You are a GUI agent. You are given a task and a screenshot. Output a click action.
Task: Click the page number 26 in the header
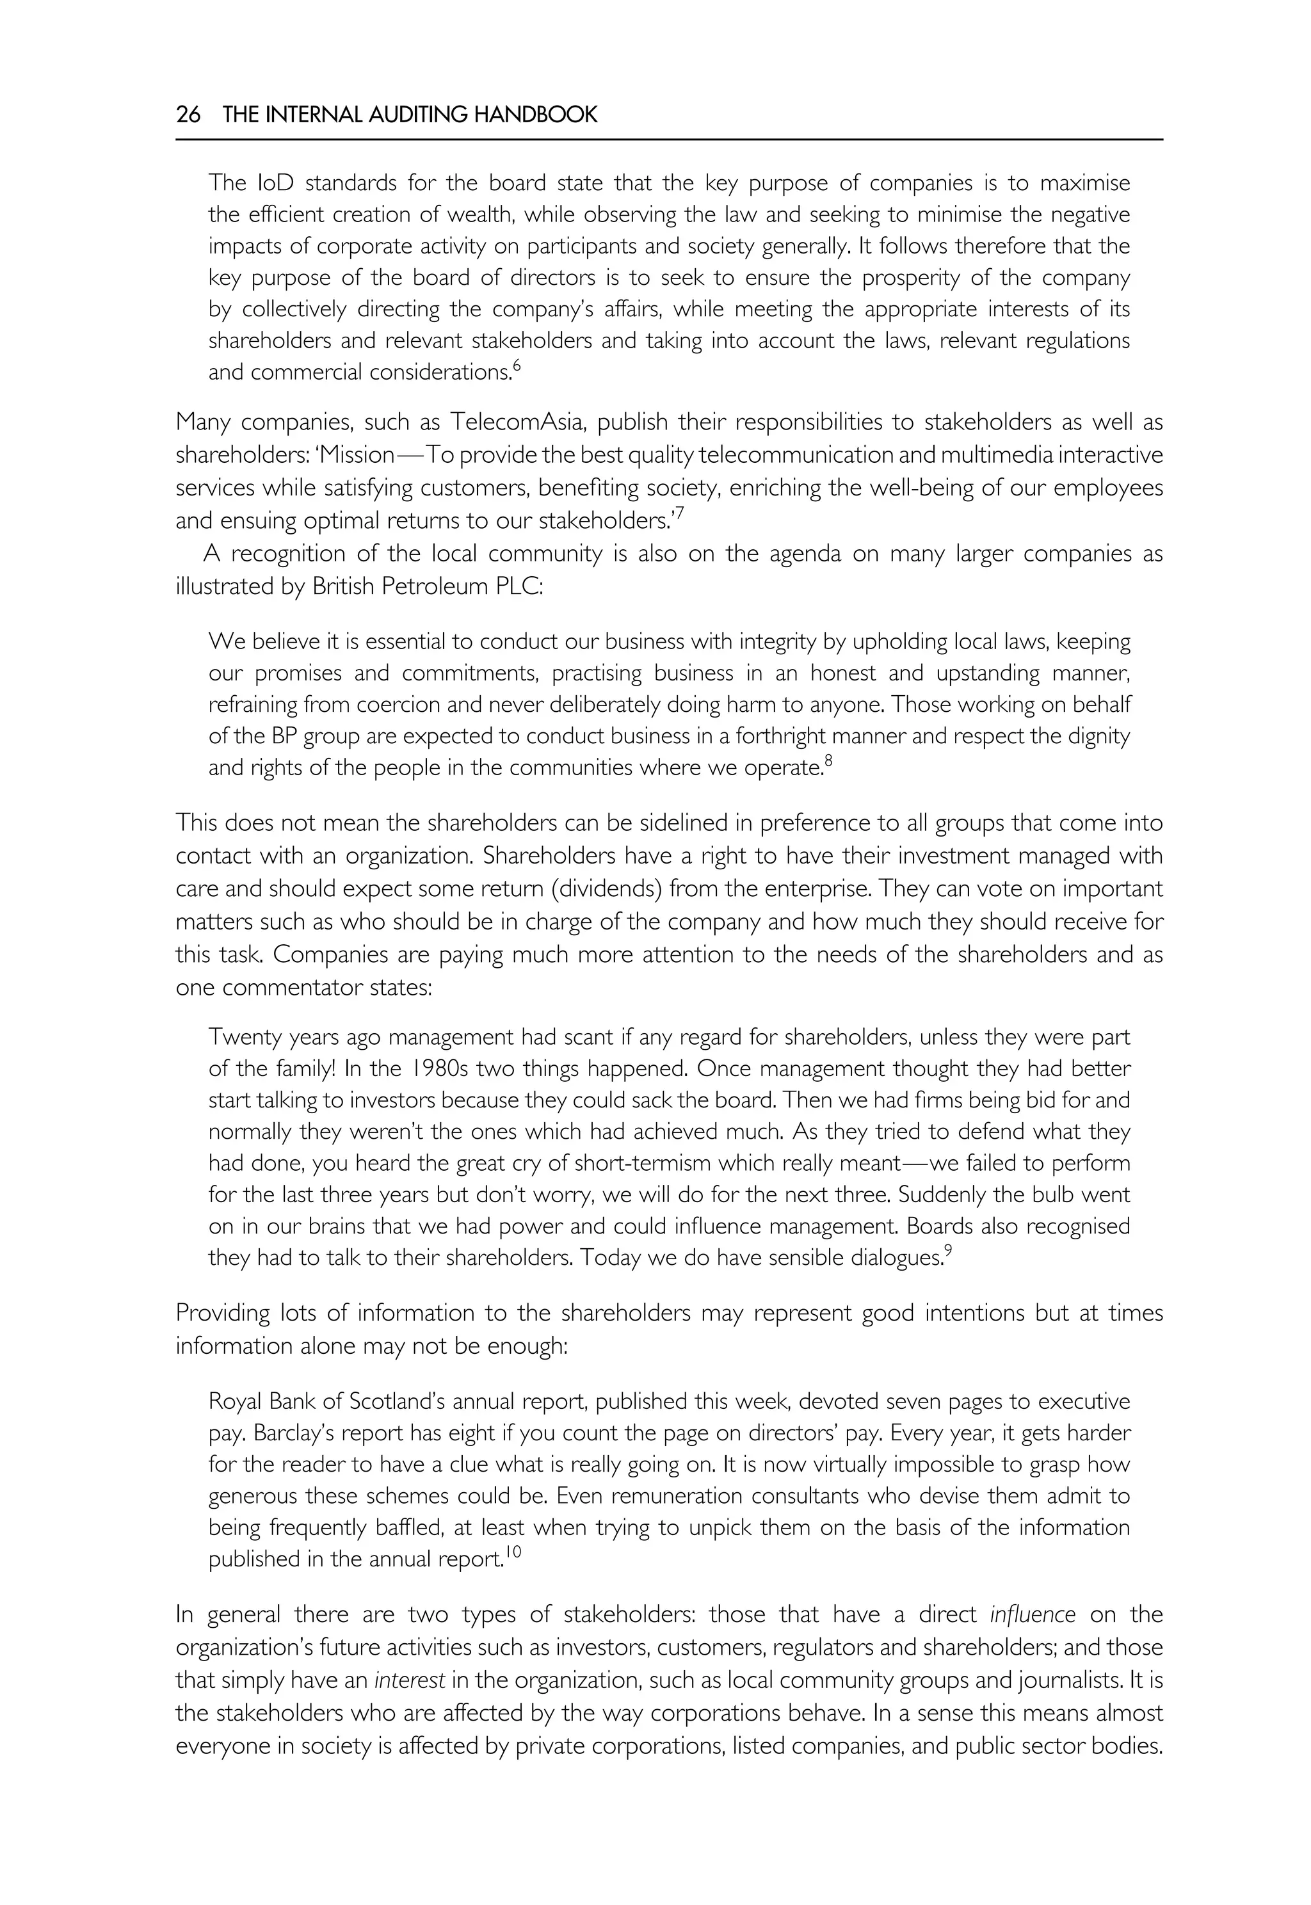188,115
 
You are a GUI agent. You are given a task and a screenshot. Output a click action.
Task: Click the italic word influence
1033,1615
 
